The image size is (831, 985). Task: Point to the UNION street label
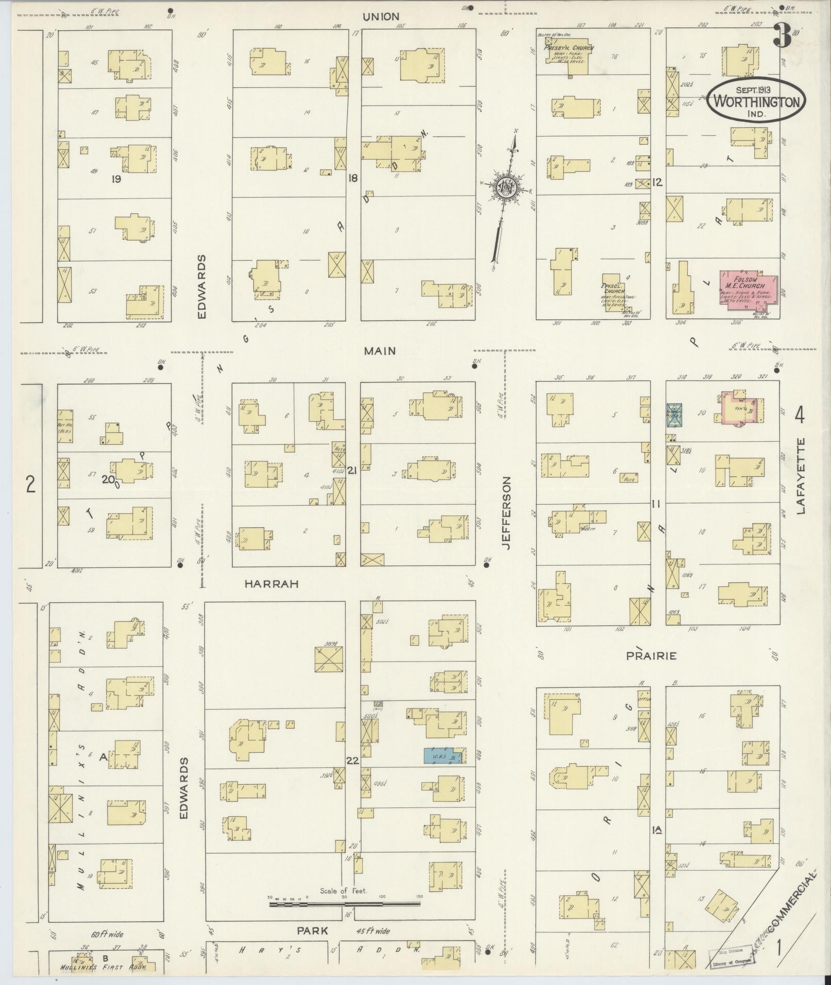coord(381,16)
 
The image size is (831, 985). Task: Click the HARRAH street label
coord(272,583)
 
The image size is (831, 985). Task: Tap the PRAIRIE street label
coord(651,656)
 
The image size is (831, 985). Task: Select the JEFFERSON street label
coord(506,512)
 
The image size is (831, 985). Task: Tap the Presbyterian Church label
coord(568,48)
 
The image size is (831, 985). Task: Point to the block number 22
coord(352,760)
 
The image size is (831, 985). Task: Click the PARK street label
coord(313,930)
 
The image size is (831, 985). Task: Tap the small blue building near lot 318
coord(674,415)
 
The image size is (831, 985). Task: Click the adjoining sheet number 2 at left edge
coord(30,484)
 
